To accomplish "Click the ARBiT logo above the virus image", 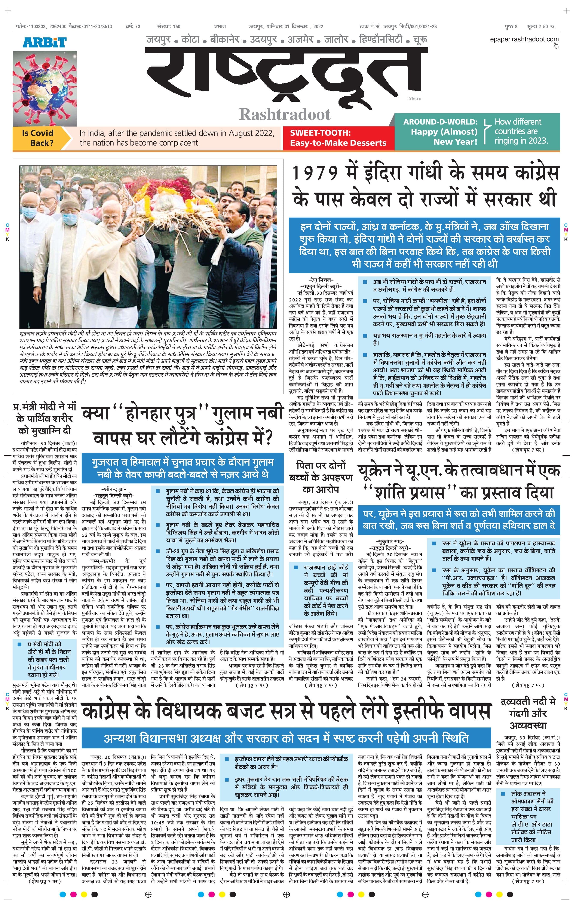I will [x=45, y=42].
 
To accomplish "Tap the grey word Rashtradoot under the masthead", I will [x=285, y=114].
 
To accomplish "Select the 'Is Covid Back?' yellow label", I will [x=38, y=138].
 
